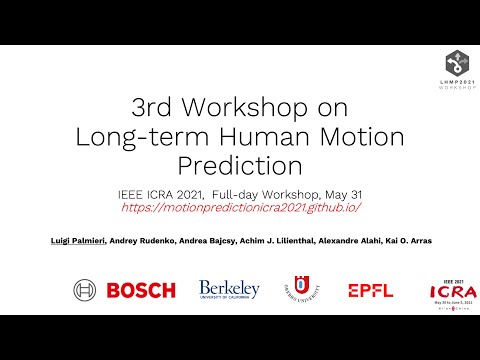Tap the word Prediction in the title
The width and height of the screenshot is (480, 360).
pos(240,163)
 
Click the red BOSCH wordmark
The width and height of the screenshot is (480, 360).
pos(140,290)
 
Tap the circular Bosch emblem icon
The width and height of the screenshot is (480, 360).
pos(85,290)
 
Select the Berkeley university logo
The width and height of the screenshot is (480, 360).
pos(229,290)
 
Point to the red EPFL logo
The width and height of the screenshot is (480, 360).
pos(370,290)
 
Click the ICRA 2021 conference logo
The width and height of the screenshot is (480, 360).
pos(444,291)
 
